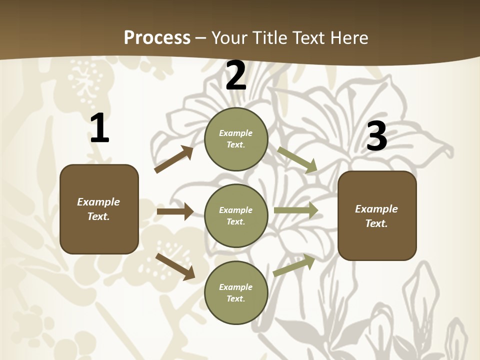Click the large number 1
[x=99, y=128]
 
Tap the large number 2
[x=236, y=76]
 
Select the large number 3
[x=376, y=136]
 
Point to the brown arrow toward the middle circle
[x=175, y=211]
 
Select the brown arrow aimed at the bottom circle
[x=175, y=266]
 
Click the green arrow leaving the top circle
[x=297, y=159]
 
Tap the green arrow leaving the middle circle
[x=296, y=210]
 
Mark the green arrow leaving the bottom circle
[x=294, y=265]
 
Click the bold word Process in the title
[x=157, y=37]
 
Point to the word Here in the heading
[x=349, y=37]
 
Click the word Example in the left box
[x=98, y=202]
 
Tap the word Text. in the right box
[x=376, y=223]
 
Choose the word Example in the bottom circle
[x=236, y=287]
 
